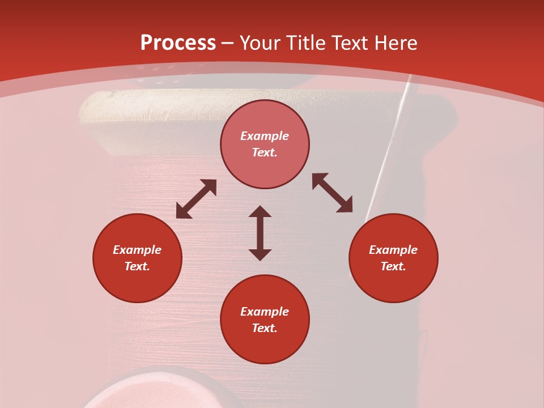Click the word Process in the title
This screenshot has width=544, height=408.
(178, 43)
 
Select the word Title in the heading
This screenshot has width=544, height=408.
(308, 43)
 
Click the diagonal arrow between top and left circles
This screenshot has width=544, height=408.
(196, 199)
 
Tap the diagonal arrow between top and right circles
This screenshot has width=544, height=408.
(332, 193)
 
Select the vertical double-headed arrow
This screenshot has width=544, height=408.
(260, 233)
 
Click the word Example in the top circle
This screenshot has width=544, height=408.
(265, 136)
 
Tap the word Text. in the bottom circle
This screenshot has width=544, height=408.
(265, 328)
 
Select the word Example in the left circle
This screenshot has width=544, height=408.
(137, 250)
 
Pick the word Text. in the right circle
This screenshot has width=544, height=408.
(393, 266)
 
